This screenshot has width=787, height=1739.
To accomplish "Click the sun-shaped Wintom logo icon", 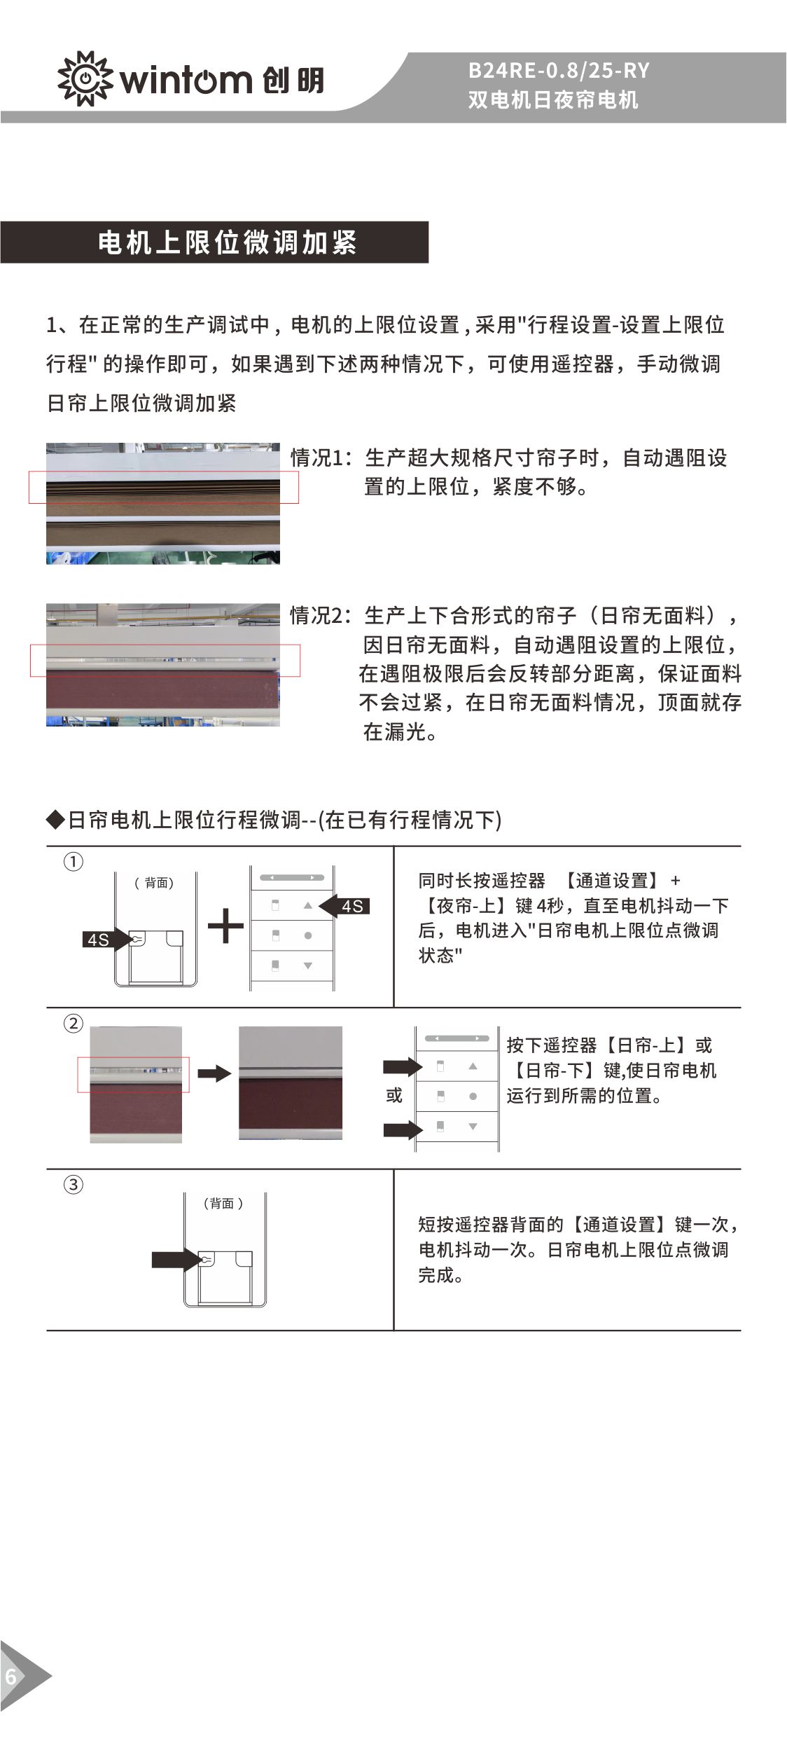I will pos(85,78).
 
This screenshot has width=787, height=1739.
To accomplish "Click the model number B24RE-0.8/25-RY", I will pos(558,70).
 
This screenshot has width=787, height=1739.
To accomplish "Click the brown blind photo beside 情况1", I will pos(163,503).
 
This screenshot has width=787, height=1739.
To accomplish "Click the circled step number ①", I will pos(74,862).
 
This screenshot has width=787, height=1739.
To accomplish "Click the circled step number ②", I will pos(74,1024).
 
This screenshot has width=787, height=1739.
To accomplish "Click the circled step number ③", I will pos(74,1185).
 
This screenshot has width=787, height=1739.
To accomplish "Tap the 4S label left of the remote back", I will pos(98,940).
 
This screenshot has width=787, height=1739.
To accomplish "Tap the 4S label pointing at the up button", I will pos(352,906).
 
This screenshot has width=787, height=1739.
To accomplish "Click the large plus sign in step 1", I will pos(225,926).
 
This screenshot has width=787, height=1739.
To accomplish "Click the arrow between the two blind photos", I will pos(214,1073).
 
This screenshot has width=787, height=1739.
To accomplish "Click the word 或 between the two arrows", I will pos(394,1095).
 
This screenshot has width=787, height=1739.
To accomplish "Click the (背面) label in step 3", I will pos(223,1203).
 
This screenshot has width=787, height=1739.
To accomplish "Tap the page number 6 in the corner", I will pos(11,1677).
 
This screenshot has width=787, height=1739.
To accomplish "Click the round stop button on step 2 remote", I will pos(473,1096).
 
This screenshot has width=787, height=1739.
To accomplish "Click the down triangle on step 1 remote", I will pos(308,965).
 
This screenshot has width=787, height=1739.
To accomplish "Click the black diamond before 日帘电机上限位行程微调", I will pos(55,819).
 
